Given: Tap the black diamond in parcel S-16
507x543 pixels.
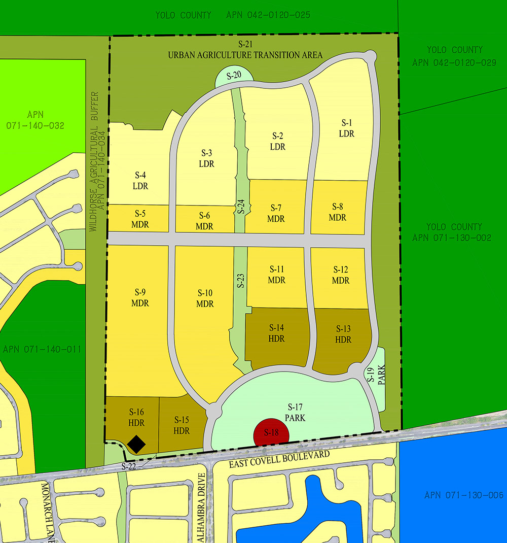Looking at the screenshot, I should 136,445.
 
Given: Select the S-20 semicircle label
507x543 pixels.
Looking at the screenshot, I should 234,76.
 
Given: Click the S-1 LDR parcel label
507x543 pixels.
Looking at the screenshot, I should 347,128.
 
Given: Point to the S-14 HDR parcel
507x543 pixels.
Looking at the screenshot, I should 277,333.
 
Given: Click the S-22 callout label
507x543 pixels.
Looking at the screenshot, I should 131,466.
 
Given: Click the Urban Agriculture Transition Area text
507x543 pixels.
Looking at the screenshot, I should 245,55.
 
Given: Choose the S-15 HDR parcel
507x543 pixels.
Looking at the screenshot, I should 182,425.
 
